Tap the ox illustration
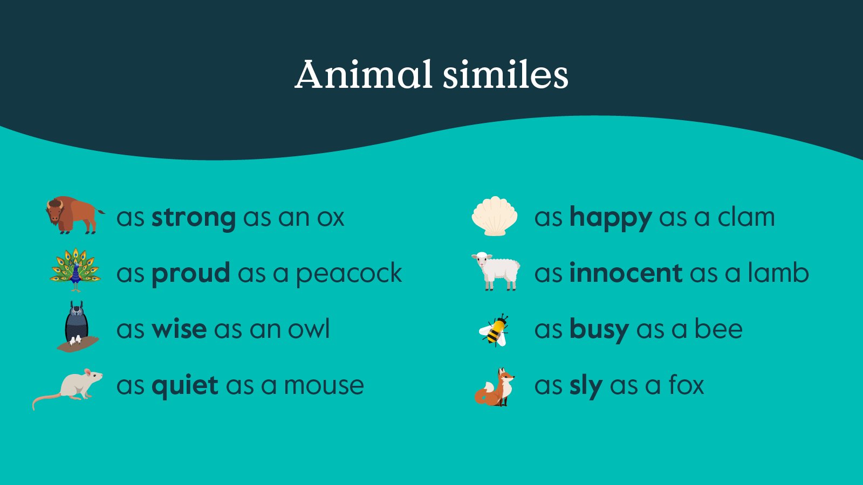coord(73,215)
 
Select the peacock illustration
coord(75,269)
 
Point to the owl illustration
coord(77,326)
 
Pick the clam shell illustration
coord(495,216)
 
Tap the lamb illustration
coord(497,271)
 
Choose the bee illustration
coord(495,330)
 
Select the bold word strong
coord(193,218)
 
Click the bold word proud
coord(190,273)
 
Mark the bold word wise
coord(179,329)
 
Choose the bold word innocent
coord(626,273)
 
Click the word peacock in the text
coord(348,274)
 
